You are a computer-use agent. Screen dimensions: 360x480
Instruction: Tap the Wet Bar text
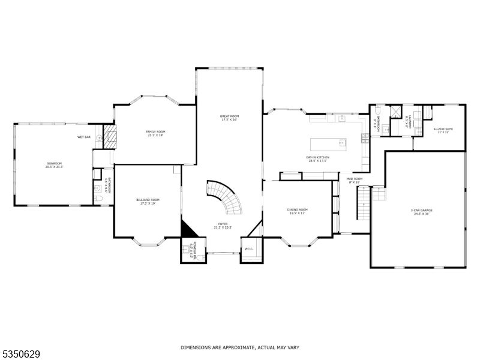point(83,137)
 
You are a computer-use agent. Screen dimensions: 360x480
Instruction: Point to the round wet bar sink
point(100,138)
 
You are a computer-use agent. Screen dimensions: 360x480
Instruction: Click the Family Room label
point(155,131)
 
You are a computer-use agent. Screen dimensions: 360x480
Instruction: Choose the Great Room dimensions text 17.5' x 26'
point(229,120)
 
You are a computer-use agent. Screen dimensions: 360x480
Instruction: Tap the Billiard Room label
point(148,200)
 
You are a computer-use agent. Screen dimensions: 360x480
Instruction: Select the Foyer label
point(223,224)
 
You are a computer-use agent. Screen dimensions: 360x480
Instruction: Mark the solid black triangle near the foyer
point(188,229)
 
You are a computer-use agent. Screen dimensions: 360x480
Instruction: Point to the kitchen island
point(329,143)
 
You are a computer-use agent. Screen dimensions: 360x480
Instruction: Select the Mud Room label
point(354,178)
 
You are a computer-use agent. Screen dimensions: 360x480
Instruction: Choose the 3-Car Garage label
point(422,210)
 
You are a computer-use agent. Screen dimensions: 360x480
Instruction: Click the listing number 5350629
point(21,354)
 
